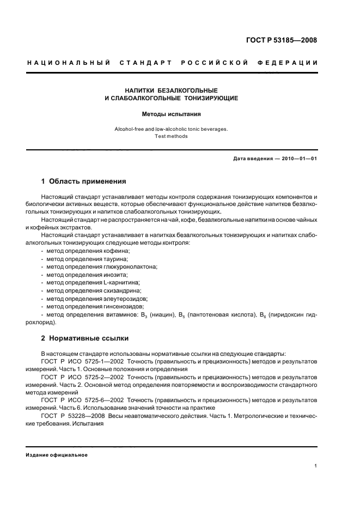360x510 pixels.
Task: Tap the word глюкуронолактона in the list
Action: [131, 267]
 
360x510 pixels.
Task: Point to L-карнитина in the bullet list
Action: [122, 283]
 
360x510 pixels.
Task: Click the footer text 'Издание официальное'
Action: [57, 455]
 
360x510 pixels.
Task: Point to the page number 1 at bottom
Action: [316, 466]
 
